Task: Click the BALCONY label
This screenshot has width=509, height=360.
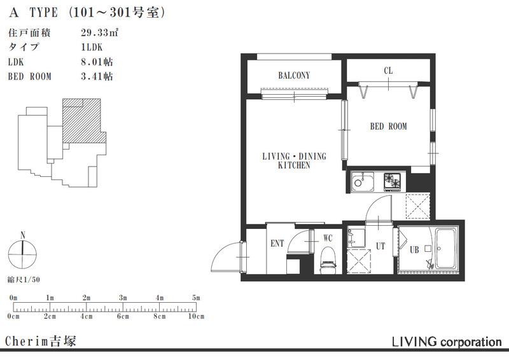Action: pos(294,76)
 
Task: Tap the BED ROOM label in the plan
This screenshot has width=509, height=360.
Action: pos(389,127)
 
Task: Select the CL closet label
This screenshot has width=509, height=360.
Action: pos(388,71)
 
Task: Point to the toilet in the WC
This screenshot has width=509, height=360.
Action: pos(328,259)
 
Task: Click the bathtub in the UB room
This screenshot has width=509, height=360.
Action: pos(446,248)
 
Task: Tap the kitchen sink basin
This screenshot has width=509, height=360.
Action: pos(362,181)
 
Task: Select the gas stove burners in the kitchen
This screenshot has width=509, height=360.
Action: pos(393,181)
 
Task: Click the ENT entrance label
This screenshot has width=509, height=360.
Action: pos(277,243)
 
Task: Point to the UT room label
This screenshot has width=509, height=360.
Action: pos(380,246)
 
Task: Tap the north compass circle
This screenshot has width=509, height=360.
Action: pos(22,254)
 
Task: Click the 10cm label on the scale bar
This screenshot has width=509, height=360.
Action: pos(196,316)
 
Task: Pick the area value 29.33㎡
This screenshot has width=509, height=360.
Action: pos(99,32)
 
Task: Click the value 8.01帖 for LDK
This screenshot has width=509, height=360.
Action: pos(97,62)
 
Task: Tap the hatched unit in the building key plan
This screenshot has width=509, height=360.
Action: pos(84,121)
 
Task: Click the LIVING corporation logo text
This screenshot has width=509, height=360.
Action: pos(447,342)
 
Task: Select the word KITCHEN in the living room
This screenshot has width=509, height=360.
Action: pos(294,165)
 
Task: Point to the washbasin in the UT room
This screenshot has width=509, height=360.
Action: pos(356,238)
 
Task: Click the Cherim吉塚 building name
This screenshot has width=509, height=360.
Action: pos(41,341)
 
